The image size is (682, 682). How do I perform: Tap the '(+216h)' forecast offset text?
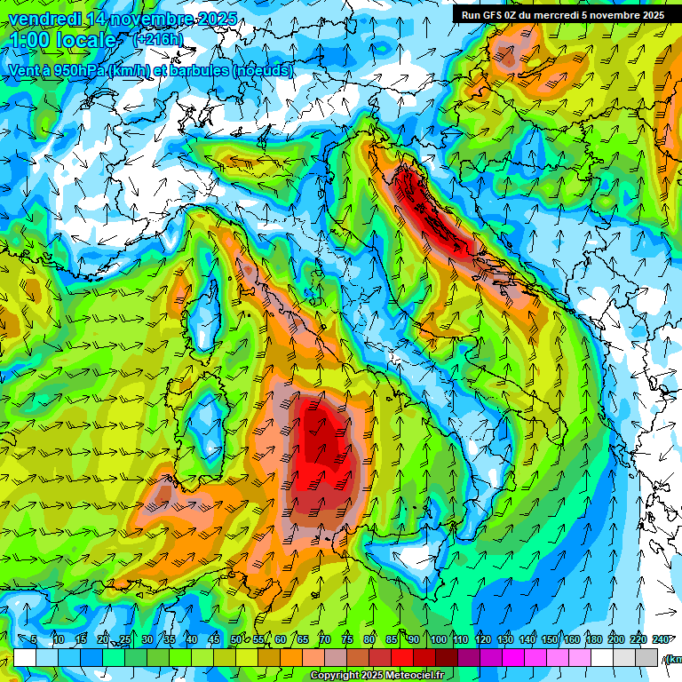click(158, 40)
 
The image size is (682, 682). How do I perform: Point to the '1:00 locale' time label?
click(62, 41)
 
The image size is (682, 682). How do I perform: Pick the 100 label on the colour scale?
click(439, 640)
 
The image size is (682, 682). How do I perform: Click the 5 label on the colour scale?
click(34, 640)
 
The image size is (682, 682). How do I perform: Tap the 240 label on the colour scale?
click(661, 640)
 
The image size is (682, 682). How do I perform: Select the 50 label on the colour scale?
click(236, 640)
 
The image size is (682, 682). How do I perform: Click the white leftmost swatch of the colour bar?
click(25, 657)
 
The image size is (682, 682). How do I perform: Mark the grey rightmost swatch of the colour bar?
click(646, 657)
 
